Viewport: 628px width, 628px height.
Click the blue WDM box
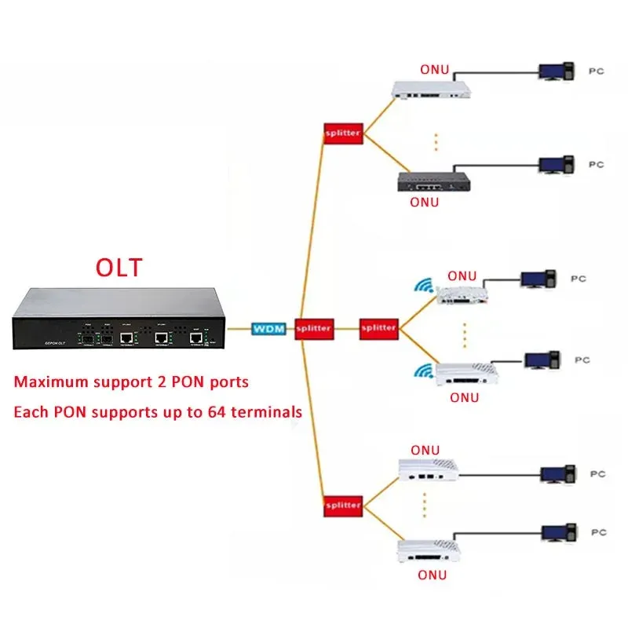pyautogui.click(x=268, y=328)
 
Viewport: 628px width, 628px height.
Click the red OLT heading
pyautogui.click(x=119, y=267)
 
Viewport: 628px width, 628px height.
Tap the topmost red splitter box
pyautogui.click(x=342, y=133)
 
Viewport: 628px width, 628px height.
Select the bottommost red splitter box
pyautogui.click(x=342, y=506)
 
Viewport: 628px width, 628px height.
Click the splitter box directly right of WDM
pyautogui.click(x=313, y=328)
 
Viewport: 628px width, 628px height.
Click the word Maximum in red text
pyautogui.click(x=49, y=383)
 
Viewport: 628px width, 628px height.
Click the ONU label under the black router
pyautogui.click(x=425, y=202)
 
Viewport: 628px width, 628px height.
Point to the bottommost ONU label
pyautogui.click(x=431, y=575)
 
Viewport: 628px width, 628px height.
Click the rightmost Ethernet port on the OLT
pyautogui.click(x=196, y=338)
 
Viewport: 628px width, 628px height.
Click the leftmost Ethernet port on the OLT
pyautogui.click(x=126, y=338)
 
